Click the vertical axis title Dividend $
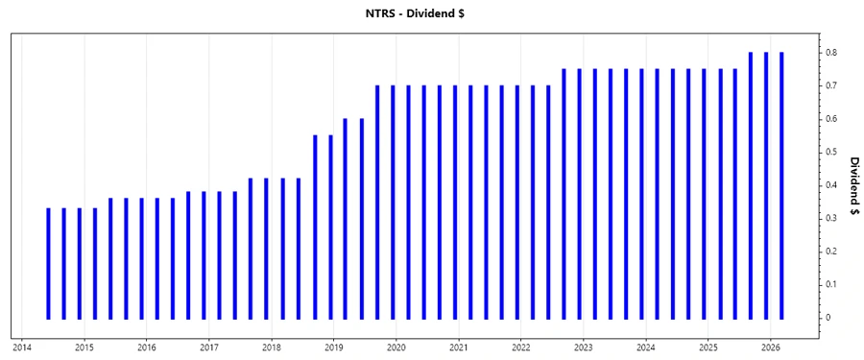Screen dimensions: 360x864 [x=853, y=187]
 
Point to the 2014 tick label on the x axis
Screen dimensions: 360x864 [x=22, y=347]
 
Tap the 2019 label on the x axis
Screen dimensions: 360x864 [x=334, y=347]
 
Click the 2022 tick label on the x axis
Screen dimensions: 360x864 [x=521, y=347]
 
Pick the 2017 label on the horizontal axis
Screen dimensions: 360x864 [x=209, y=347]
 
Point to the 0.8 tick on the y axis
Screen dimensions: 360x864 [x=832, y=53]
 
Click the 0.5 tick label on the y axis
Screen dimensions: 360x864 [x=832, y=152]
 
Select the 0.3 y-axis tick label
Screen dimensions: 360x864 [x=832, y=219]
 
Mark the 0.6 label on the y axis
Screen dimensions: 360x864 [x=832, y=119]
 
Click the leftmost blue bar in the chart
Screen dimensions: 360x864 [x=48, y=263]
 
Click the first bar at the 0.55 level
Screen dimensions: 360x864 [x=314, y=227]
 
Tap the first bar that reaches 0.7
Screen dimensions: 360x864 [x=376, y=202]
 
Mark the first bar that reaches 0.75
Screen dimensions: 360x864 [x=564, y=193]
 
